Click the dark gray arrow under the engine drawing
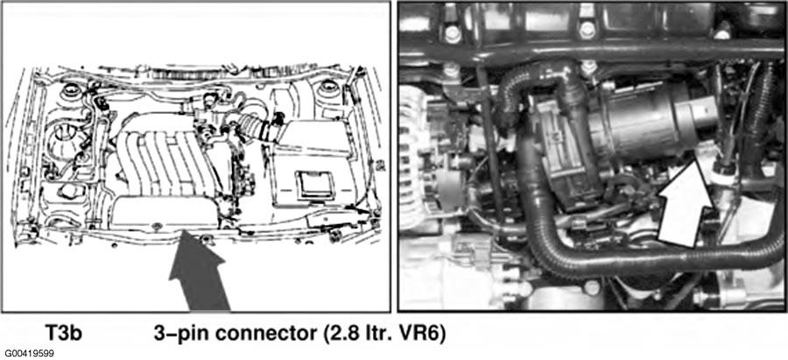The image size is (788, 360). pos(198,272)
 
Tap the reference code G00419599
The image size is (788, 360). pos(29,354)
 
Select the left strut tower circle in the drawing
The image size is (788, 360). pos(69,91)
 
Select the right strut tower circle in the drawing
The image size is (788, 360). pos(327,87)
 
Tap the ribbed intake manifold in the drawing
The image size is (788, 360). pos(162,160)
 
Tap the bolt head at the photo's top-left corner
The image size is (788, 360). pos(454,33)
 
